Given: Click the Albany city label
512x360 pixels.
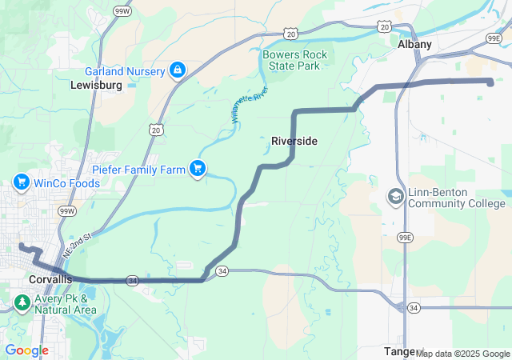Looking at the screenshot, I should (x=414, y=45).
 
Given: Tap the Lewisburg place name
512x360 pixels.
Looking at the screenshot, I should (x=96, y=84).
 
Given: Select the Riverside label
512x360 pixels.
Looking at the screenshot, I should (x=294, y=141).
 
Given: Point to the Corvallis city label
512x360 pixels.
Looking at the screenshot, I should (x=50, y=279).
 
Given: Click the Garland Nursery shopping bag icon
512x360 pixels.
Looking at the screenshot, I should (x=176, y=70).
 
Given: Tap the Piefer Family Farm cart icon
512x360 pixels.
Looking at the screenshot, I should (x=197, y=168).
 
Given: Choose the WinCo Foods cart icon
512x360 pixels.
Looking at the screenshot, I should (x=22, y=183).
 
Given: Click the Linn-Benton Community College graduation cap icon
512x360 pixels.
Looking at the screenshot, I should (x=395, y=196).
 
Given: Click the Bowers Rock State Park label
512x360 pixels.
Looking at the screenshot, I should (x=294, y=60).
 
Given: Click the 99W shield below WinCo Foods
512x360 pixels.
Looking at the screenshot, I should (x=67, y=210).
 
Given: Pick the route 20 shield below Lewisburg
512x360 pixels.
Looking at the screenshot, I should (x=154, y=129).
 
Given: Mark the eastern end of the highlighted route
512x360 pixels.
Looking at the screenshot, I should (x=490, y=82).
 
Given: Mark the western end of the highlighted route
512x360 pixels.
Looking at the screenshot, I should (x=22, y=246).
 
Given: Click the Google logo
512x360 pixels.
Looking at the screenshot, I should (x=26, y=350).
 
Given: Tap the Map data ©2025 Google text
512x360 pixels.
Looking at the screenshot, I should (x=462, y=354).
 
